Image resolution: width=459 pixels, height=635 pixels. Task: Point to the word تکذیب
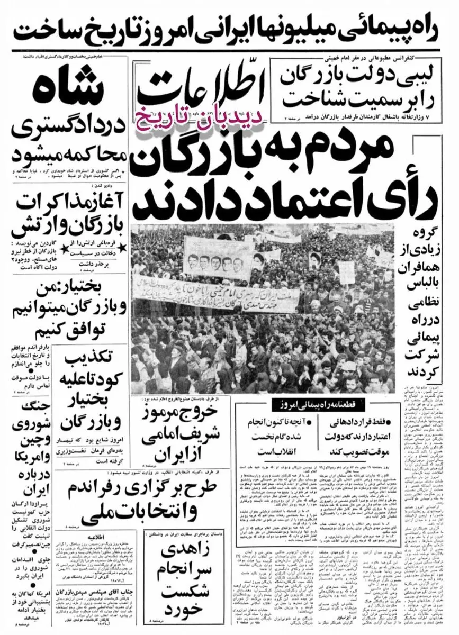[91, 360]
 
